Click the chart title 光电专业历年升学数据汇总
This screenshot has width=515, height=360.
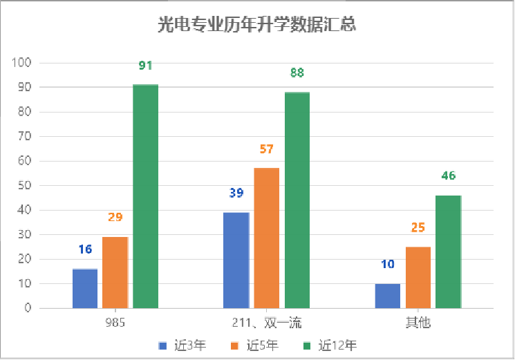coord(257,26)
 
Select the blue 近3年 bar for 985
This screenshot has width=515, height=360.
coord(85,288)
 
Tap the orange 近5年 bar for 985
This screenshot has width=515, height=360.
coord(115,272)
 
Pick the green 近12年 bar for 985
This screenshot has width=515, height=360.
coord(146,196)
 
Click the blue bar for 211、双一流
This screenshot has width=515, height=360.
coord(236,260)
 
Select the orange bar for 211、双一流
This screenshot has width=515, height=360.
coord(266,238)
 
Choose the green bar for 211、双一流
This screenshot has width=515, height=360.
coord(297,200)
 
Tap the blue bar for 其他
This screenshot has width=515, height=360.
coord(387,296)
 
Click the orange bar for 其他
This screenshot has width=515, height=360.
coord(418,277)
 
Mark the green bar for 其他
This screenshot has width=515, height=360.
coord(449,252)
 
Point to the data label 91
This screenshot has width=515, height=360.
coord(145,66)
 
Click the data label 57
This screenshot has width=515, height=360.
coord(266,149)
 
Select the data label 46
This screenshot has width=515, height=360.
coord(449,176)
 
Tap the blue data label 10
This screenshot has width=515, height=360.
coord(387,264)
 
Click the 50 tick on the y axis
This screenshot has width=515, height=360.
coord(25,186)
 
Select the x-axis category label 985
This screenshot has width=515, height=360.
coord(115,323)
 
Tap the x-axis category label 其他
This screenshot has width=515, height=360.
coord(418,323)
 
